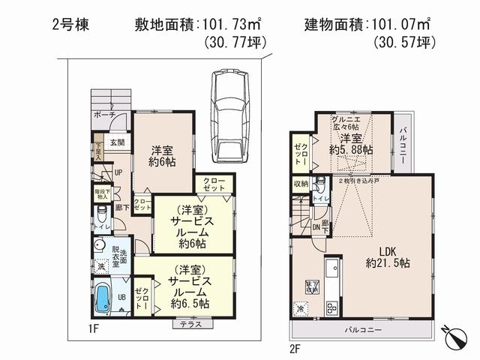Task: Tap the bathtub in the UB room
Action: pyautogui.click(x=103, y=298)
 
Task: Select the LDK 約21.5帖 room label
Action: pyautogui.click(x=387, y=256)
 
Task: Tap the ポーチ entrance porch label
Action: pyautogui.click(x=104, y=116)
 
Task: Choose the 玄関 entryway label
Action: pyautogui.click(x=118, y=141)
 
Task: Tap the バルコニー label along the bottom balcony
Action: pyautogui.click(x=363, y=330)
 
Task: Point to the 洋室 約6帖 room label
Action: pyautogui.click(x=162, y=154)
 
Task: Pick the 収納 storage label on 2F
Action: pyautogui.click(x=300, y=184)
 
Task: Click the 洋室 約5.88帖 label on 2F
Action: pyautogui.click(x=348, y=144)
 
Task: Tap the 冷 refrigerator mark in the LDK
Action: pyautogui.click(x=300, y=308)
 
